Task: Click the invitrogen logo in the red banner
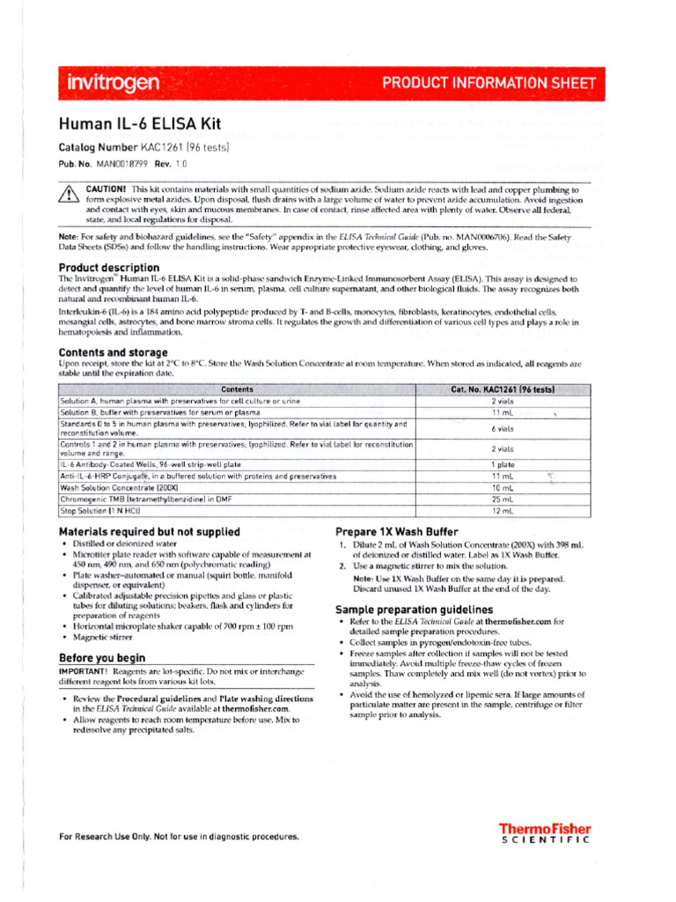(114, 84)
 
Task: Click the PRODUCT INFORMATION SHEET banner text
(489, 84)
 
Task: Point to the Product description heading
(109, 267)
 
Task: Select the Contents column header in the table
(237, 389)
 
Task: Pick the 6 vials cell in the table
(502, 428)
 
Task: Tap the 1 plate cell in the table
(502, 463)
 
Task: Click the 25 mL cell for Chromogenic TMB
(502, 499)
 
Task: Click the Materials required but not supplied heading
(149, 532)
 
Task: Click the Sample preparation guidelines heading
(414, 610)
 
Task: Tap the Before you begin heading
(102, 658)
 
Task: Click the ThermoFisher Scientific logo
(545, 833)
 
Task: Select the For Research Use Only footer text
(179, 837)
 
